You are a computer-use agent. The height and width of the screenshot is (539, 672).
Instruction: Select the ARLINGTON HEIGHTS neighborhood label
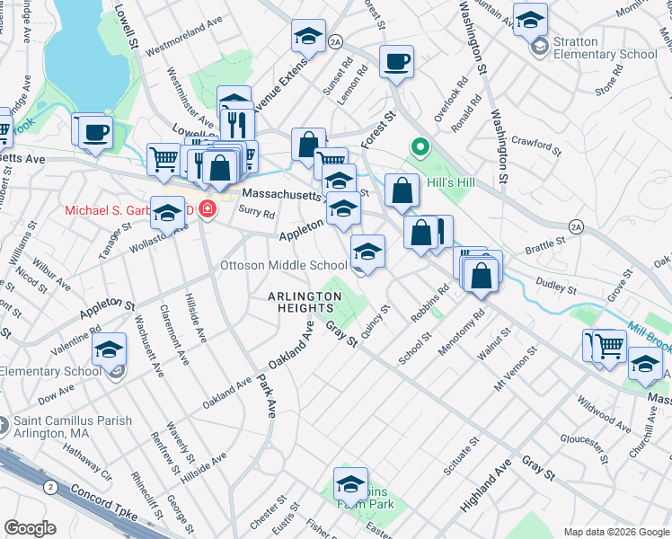point(306,302)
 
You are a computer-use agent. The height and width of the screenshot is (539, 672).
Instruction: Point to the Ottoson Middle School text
point(284,265)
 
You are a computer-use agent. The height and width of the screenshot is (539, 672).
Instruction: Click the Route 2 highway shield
point(50,486)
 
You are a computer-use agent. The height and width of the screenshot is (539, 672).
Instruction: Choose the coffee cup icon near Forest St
point(396,62)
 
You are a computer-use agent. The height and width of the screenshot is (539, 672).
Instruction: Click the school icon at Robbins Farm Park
point(350,484)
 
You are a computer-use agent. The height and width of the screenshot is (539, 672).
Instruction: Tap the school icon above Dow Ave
point(110,349)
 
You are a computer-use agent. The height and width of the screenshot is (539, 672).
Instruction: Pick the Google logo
point(30,528)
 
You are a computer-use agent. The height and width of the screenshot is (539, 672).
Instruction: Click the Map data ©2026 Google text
point(615,532)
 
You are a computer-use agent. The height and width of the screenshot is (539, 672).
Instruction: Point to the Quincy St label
point(376,320)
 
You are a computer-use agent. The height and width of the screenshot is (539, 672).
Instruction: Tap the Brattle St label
point(545,242)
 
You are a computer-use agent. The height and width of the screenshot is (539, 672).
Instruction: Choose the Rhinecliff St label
point(143,490)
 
